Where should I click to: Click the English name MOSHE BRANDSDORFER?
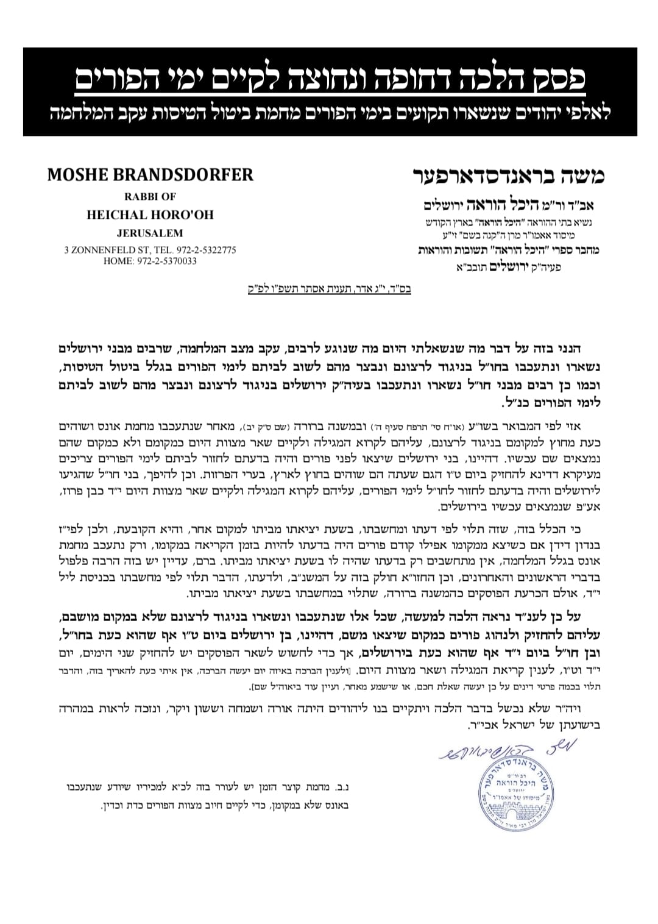150,174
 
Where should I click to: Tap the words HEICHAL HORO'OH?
150,215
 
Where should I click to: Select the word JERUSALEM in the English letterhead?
150,233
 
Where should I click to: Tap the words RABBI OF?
150,197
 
